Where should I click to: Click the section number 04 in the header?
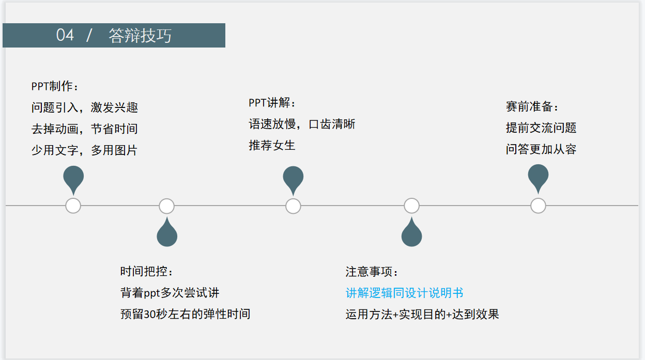(x=65, y=35)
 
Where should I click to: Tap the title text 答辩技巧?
(x=140, y=36)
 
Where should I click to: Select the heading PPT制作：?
(x=56, y=86)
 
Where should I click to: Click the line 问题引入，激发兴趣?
(x=85, y=107)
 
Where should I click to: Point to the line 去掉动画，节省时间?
(x=85, y=129)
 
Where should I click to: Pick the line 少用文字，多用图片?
(x=85, y=150)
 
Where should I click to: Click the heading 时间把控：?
(x=147, y=272)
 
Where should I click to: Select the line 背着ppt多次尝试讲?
(x=170, y=293)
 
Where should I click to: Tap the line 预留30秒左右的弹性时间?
(x=186, y=314)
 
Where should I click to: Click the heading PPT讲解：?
(x=273, y=103)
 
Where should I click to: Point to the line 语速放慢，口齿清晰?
(x=302, y=124)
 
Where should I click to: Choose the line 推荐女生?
(x=272, y=146)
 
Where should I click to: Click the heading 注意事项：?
(x=373, y=272)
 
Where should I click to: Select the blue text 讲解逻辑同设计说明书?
(x=405, y=293)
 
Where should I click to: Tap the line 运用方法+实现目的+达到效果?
(x=422, y=314)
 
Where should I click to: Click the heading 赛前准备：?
(x=533, y=107)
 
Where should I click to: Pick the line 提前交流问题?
(x=541, y=128)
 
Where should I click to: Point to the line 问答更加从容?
(x=541, y=150)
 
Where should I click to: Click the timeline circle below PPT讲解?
(x=293, y=206)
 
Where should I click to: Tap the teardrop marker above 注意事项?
(x=411, y=234)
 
